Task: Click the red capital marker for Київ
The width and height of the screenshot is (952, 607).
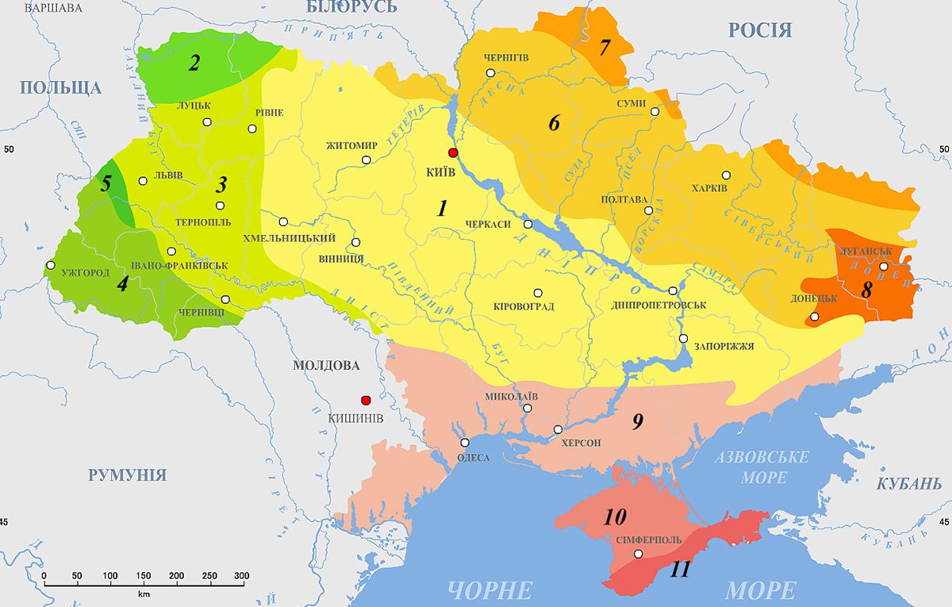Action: coord(453,152)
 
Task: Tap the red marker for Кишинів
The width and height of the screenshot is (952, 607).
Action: coord(366,401)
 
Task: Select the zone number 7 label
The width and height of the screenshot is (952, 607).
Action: coord(605,48)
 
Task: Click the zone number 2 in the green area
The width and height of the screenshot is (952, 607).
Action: coord(194,64)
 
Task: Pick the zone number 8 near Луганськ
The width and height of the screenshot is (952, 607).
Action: coord(866,290)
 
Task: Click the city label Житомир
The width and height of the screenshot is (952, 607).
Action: coord(351,146)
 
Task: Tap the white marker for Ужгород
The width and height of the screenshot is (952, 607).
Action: coord(52,265)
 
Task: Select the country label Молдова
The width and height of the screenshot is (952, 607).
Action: coord(326,366)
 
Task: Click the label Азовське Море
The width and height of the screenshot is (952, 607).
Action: coord(762,467)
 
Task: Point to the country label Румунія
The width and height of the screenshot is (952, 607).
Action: coord(127,475)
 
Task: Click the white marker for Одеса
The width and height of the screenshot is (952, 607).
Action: coord(465,443)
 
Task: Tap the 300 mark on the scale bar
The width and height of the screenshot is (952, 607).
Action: coord(242,575)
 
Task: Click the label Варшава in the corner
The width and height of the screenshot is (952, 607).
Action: coord(53,8)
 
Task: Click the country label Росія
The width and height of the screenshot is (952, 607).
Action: coord(760,30)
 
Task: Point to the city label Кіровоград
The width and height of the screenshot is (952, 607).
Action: coord(524,306)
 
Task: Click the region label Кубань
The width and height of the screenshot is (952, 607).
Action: coord(909,484)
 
